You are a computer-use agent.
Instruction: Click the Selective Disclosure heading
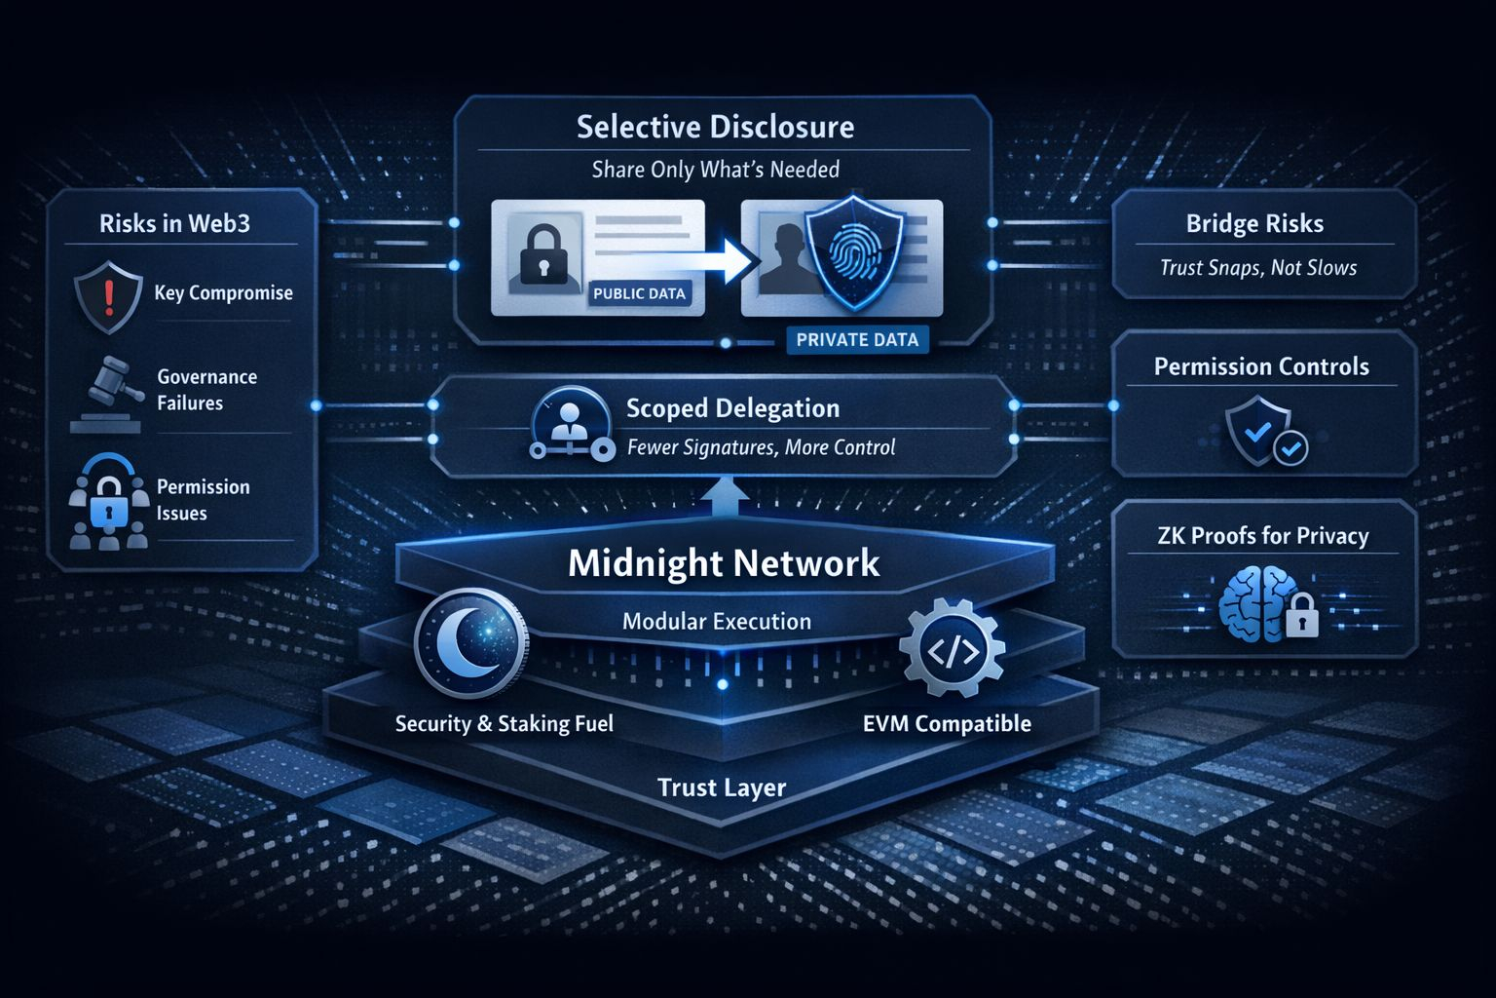click(715, 128)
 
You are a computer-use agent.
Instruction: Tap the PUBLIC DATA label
click(639, 293)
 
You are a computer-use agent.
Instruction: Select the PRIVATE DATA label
click(857, 339)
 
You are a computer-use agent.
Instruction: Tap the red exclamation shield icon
click(108, 293)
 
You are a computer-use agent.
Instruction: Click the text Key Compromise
click(223, 293)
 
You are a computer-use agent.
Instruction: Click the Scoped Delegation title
click(732, 408)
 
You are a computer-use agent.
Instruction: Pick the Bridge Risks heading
click(1254, 224)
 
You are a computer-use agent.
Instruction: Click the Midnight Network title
click(724, 563)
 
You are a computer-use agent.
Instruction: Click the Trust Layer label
click(722, 787)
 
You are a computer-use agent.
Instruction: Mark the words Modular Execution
click(717, 622)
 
